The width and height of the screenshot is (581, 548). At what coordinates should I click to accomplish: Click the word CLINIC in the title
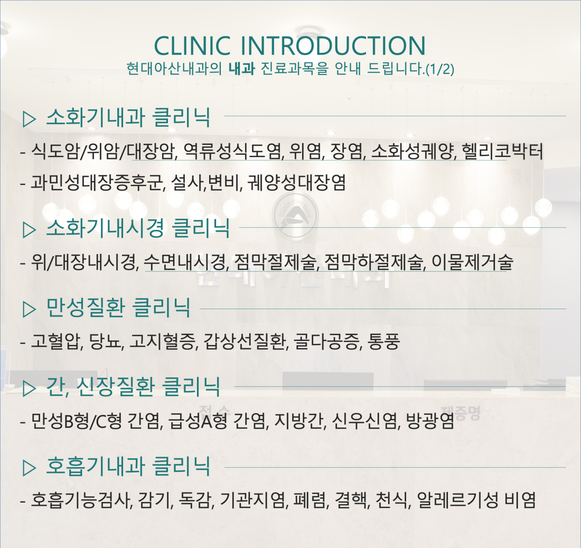(x=192, y=45)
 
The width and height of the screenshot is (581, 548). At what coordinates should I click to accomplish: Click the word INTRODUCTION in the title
(x=333, y=45)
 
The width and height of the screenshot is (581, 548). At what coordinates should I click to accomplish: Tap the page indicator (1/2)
(x=440, y=69)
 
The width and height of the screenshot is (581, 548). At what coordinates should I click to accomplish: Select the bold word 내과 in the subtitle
(x=241, y=69)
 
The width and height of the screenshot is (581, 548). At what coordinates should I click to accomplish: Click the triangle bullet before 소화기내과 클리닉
(x=29, y=119)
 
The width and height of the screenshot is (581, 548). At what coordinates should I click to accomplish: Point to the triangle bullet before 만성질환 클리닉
(x=29, y=309)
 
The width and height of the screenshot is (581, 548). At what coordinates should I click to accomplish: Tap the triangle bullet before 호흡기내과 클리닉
(x=29, y=468)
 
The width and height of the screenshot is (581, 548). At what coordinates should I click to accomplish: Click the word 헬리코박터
(x=502, y=151)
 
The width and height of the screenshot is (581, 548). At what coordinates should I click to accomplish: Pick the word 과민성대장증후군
(x=98, y=182)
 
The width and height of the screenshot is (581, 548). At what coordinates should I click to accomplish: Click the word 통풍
(x=384, y=341)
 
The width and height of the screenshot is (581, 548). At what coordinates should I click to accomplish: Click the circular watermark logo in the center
(x=295, y=215)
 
